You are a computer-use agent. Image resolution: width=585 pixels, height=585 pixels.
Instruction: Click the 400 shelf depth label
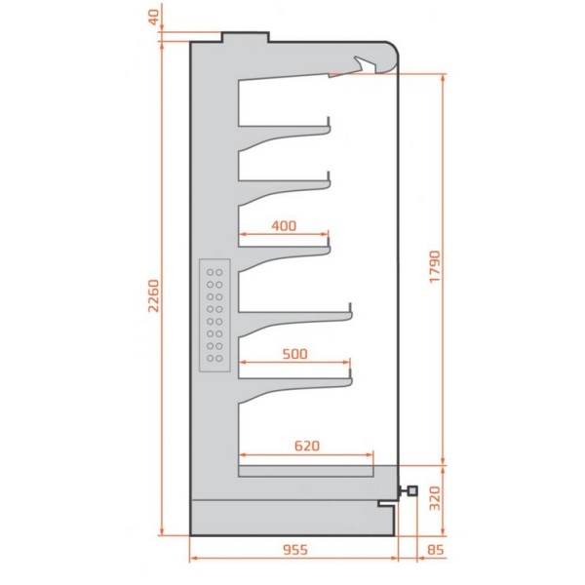coord(283,226)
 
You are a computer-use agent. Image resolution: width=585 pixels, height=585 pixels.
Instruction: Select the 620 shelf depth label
coord(306,446)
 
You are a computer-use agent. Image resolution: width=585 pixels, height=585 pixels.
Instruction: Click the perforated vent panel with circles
coord(214,314)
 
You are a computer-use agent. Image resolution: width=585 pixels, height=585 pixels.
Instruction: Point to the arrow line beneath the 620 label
coord(306,455)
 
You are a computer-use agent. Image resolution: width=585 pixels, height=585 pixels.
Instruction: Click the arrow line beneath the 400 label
coord(283,235)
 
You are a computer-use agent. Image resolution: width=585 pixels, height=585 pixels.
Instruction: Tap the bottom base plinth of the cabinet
coord(293,518)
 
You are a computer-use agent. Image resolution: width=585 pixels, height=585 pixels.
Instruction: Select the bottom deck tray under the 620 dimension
coord(306,474)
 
